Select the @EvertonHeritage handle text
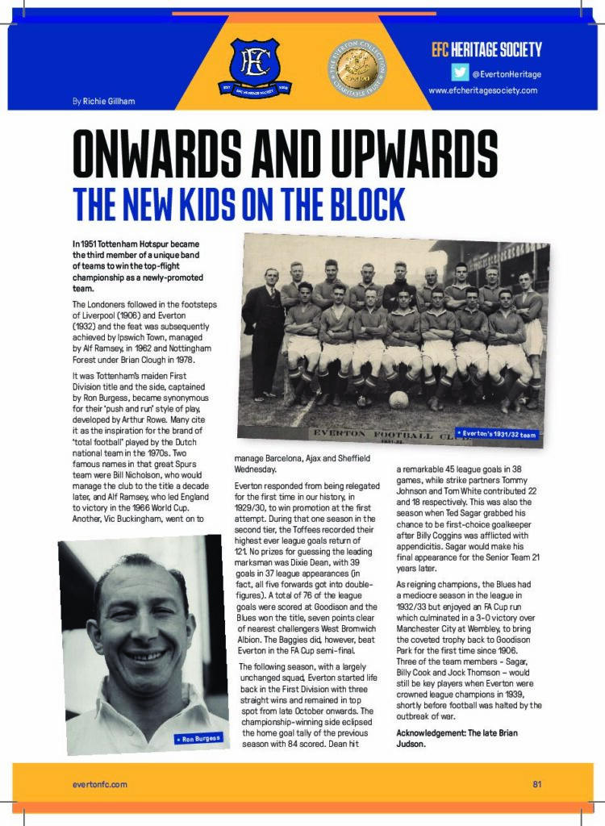[x=507, y=74]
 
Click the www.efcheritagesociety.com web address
[x=482, y=90]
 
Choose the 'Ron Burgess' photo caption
[x=197, y=739]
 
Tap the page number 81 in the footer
[x=536, y=783]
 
